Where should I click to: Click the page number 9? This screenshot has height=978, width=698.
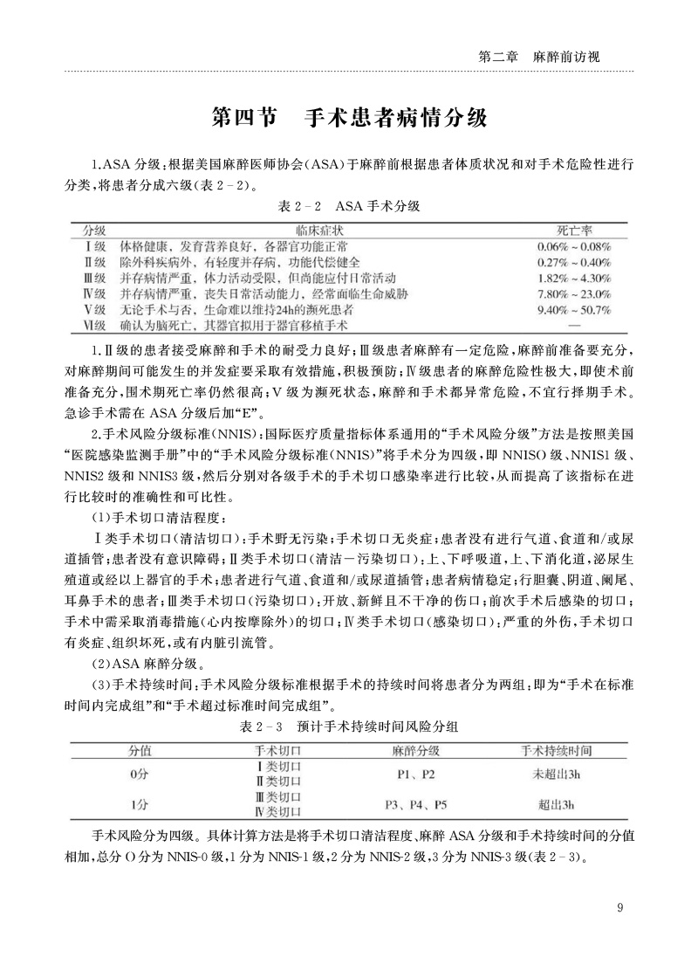tap(619, 907)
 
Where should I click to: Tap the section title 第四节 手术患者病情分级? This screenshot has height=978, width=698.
tap(349, 118)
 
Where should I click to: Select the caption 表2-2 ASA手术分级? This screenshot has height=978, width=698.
tap(349, 207)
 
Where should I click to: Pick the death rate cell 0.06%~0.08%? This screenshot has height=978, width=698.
tap(575, 246)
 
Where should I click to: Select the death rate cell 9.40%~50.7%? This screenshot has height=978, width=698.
tap(575, 309)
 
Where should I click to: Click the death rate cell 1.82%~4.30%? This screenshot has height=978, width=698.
tap(575, 278)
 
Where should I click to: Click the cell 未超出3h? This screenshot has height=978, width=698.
tap(556, 774)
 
